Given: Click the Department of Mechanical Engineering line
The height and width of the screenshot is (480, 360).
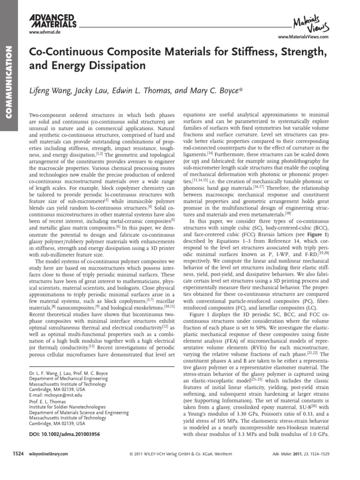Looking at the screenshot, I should (66, 377).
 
